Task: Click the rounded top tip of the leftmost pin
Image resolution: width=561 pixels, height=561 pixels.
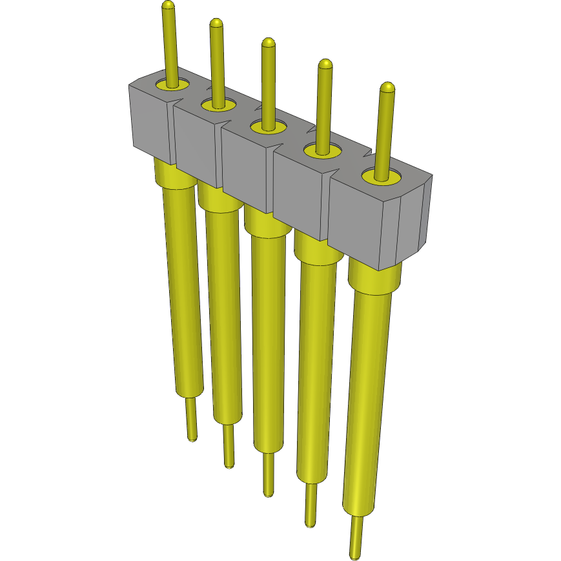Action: click(x=168, y=6)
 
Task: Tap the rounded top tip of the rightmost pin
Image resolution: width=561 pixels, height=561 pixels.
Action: click(x=387, y=87)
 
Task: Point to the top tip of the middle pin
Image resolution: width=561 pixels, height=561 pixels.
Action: click(x=268, y=43)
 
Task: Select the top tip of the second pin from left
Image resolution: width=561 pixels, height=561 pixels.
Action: click(x=216, y=24)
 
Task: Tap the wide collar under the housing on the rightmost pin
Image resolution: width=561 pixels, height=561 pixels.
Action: click(x=374, y=280)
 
